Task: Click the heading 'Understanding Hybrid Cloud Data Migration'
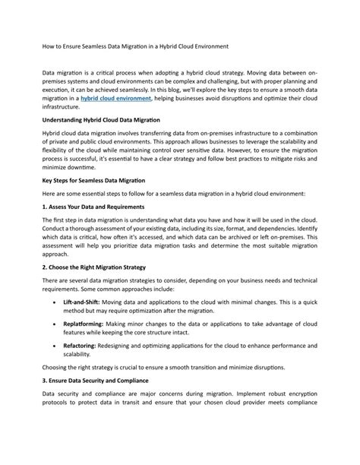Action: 100,120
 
